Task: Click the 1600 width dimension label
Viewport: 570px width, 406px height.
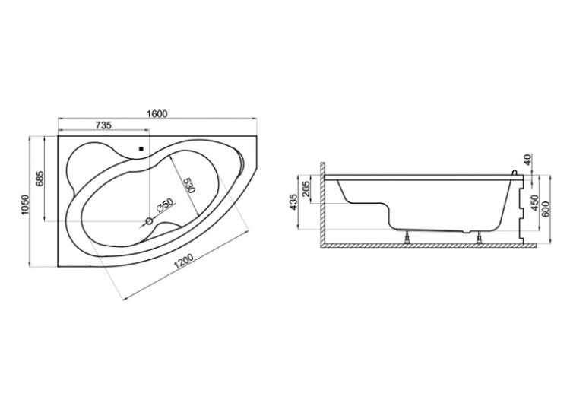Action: (x=157, y=114)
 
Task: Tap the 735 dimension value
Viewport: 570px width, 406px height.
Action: (x=103, y=125)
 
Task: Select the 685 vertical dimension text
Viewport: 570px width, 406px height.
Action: (x=40, y=178)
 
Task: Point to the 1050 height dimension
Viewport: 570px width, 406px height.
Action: (x=25, y=205)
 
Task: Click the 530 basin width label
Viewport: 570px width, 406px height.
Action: (x=189, y=186)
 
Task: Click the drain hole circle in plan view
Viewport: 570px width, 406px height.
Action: (x=149, y=220)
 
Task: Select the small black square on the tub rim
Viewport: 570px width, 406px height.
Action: (x=141, y=148)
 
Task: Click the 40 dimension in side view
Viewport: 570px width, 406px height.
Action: (x=528, y=159)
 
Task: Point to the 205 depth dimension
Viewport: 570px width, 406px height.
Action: (x=306, y=189)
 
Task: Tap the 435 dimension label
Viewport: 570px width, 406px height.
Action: (x=293, y=202)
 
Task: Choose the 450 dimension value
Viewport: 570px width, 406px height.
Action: (x=534, y=203)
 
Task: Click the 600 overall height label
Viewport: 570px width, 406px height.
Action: (x=546, y=208)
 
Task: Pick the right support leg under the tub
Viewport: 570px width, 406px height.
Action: (x=480, y=237)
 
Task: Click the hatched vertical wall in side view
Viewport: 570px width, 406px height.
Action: (x=322, y=205)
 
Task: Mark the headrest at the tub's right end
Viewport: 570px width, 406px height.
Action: (x=240, y=162)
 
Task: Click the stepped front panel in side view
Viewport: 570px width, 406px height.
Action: (x=521, y=211)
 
